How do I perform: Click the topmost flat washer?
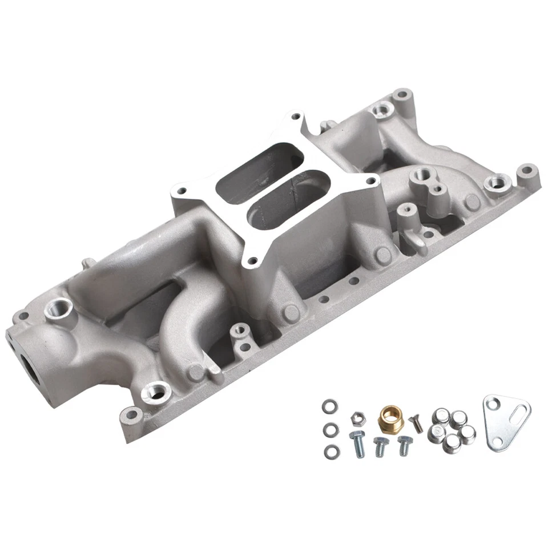329,407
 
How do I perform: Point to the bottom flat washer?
330,452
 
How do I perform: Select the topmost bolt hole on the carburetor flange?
295,116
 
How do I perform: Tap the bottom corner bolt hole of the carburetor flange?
252,262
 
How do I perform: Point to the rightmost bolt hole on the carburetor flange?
372,182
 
